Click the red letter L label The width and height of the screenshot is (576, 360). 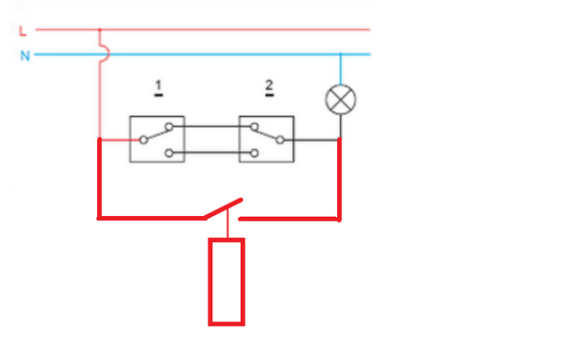(23, 31)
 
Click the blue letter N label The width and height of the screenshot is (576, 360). (25, 56)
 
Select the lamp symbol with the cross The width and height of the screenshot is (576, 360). (341, 100)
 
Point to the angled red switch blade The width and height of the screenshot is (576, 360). (224, 208)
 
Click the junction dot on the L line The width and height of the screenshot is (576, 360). (100, 30)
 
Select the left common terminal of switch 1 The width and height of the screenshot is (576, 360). (144, 140)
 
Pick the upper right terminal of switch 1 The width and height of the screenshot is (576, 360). (169, 127)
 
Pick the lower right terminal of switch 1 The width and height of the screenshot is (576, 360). (169, 153)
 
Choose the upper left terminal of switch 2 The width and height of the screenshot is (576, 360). (254, 127)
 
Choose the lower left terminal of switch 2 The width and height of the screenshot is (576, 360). (254, 153)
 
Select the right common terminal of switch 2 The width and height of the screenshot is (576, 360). (280, 140)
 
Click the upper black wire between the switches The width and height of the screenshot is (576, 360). (211, 127)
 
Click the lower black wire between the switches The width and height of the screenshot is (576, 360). (211, 153)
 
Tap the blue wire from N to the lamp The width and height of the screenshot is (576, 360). (341, 69)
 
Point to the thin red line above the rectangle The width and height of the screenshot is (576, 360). (228, 223)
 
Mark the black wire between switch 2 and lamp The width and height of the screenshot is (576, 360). (311, 140)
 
